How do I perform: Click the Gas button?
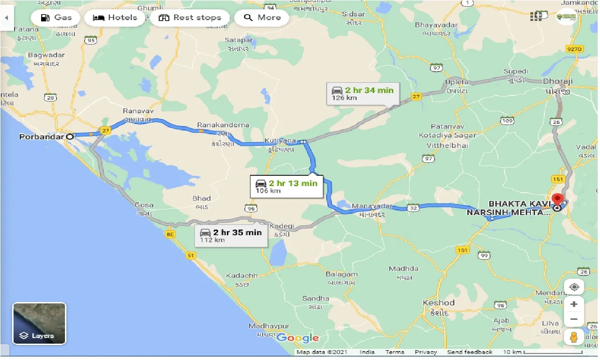[56, 18]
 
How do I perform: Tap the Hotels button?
[115, 18]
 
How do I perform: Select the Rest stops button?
[190, 18]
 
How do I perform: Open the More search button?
[262, 18]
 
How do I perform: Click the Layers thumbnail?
[39, 323]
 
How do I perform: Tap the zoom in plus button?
[574, 304]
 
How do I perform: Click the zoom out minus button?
[574, 319]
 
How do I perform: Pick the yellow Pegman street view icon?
[574, 338]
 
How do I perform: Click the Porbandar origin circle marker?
[70, 137]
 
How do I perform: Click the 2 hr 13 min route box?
[286, 186]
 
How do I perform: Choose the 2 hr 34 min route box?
[363, 94]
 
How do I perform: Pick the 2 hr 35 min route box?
[231, 235]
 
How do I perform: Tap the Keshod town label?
[438, 302]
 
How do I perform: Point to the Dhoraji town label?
[558, 81]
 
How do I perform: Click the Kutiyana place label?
[280, 140]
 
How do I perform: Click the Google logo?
[298, 338]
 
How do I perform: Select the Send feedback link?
[469, 352]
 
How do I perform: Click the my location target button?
[574, 287]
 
